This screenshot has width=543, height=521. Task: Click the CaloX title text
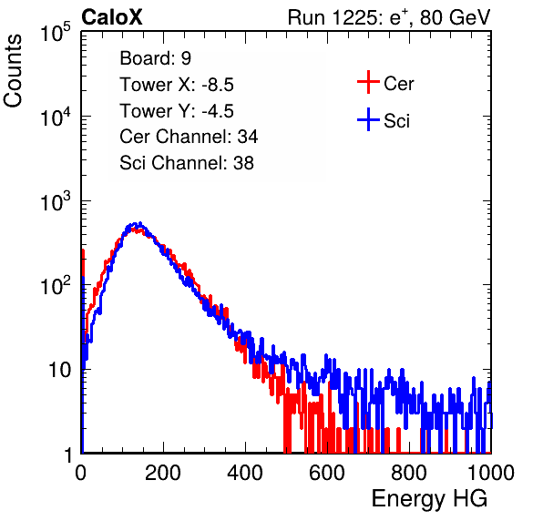pyautogui.click(x=112, y=17)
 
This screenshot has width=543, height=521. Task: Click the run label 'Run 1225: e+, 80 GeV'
pyautogui.click(x=389, y=17)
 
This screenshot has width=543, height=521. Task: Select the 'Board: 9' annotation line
pyautogui.click(x=155, y=58)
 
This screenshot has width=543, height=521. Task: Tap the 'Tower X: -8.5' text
pyautogui.click(x=177, y=85)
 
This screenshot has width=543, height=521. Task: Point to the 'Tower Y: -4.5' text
pyautogui.click(x=177, y=111)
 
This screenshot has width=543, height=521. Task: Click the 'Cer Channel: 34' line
pyautogui.click(x=189, y=137)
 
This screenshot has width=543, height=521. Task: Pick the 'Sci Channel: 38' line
pyautogui.click(x=187, y=163)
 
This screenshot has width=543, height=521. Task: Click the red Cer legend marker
pyautogui.click(x=368, y=82)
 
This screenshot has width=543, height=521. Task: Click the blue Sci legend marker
pyautogui.click(x=368, y=119)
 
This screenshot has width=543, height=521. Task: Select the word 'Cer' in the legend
pyautogui.click(x=398, y=84)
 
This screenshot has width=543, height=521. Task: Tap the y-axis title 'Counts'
pyautogui.click(x=13, y=71)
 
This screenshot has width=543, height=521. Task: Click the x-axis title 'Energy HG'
pyautogui.click(x=429, y=498)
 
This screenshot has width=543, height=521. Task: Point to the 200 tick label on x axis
pyautogui.click(x=163, y=473)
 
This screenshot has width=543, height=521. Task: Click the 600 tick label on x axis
pyautogui.click(x=327, y=473)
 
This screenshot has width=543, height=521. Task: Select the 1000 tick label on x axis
pyautogui.click(x=491, y=473)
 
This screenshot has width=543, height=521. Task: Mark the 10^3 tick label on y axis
pyautogui.click(x=56, y=201)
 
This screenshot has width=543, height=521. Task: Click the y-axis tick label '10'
pyautogui.click(x=59, y=370)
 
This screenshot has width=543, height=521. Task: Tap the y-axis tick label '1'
pyautogui.click(x=67, y=455)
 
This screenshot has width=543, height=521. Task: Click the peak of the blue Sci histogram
pyautogui.click(x=139, y=223)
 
